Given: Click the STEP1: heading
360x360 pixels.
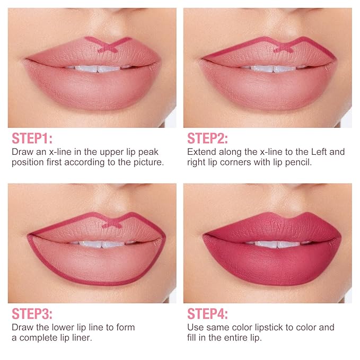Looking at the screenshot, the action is pyautogui.click(x=32, y=138).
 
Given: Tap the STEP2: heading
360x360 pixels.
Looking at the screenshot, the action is pyautogui.click(x=207, y=138).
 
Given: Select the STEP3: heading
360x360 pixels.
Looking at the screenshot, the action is pyautogui.click(x=32, y=314).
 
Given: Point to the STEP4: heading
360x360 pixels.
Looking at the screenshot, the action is pyautogui.click(x=207, y=314).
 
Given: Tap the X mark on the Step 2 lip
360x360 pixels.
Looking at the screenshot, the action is pyautogui.click(x=283, y=48).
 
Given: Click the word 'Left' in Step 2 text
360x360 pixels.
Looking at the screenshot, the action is pyautogui.click(x=319, y=152).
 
